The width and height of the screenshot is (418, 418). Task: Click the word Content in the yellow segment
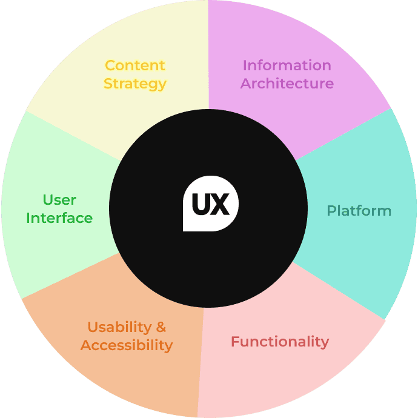point(135,65)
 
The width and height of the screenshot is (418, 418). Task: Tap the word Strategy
point(135,84)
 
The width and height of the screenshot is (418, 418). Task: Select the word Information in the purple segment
point(287,65)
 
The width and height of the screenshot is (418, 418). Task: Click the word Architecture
point(287,84)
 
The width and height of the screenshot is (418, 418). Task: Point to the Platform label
point(359,211)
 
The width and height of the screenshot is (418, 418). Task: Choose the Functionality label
point(279,342)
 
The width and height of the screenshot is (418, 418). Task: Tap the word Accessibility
point(127,345)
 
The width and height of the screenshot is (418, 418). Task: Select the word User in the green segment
point(59,200)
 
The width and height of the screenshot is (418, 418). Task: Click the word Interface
point(59,218)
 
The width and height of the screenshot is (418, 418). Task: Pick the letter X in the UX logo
point(221,205)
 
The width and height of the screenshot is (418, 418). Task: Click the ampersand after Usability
point(161,327)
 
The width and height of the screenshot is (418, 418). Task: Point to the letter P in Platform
point(331,211)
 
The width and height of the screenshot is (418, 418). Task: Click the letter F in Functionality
point(234,342)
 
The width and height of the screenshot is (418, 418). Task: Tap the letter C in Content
point(110,65)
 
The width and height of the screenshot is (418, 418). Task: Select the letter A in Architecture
point(245,84)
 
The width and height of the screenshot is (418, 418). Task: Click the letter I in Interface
point(28,218)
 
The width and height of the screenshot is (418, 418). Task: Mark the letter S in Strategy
point(108,84)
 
